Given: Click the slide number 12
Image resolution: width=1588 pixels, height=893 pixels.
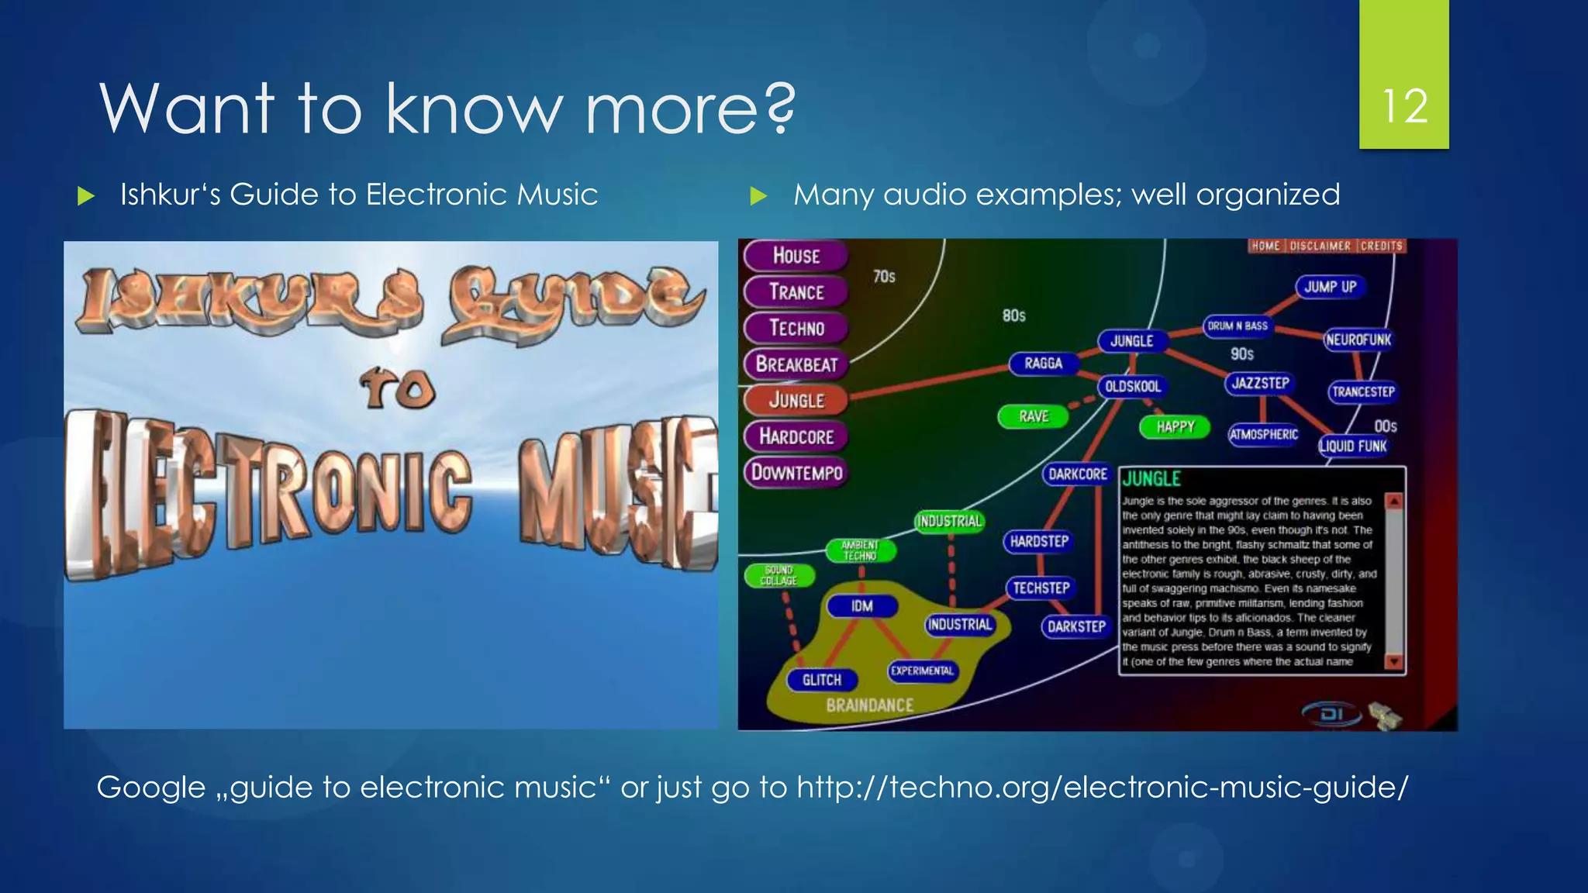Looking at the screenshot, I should coord(1404,106).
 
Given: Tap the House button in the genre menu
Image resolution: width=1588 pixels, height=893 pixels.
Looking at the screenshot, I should coord(796,256).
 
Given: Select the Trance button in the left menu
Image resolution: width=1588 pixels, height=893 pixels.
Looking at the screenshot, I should coord(796,292).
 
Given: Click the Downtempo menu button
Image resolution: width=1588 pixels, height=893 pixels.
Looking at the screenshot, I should coord(796,472).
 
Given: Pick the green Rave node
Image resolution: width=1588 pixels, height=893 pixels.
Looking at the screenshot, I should coord(1033,417).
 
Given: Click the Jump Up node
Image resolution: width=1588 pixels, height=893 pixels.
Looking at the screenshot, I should coord(1330,287).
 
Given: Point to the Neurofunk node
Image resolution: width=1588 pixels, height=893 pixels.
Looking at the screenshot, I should coord(1358,340).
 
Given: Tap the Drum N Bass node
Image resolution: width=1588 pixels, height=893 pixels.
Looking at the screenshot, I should coord(1238,326).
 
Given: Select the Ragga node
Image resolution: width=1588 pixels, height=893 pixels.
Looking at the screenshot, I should coord(1043,364).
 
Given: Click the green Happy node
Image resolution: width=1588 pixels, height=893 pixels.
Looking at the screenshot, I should coord(1175,427).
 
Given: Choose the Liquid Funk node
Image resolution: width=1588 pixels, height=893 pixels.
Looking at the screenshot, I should coord(1353,446).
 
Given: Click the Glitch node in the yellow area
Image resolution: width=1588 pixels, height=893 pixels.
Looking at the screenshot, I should coord(821,681).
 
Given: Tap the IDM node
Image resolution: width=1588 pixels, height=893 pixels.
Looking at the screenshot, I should coord(861,606).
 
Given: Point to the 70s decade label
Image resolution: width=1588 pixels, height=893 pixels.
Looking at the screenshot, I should coord(884,277).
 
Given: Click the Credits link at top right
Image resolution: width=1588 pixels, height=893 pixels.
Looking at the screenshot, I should coord(1381,247).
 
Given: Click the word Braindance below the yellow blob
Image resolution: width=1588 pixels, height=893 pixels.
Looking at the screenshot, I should coord(869,705).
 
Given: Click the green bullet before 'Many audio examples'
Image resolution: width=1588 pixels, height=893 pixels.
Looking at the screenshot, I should coord(758,195).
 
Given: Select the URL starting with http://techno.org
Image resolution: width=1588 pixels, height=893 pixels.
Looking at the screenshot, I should coord(1102,788).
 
